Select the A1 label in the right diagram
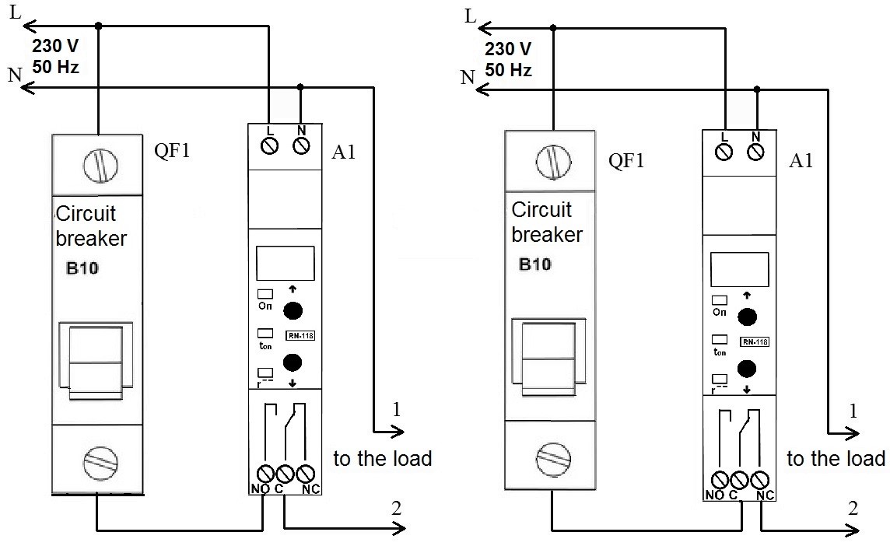point(801,161)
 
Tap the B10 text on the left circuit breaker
point(82,270)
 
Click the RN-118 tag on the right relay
point(754,342)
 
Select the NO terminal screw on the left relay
point(265,473)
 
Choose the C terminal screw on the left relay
point(285,473)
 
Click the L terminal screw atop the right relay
point(724,152)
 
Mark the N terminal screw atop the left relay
point(301,145)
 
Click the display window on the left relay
point(285,263)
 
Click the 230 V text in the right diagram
point(508,50)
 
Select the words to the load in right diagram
point(836,459)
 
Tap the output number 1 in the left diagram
point(396,411)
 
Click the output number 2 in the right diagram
point(853,509)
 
